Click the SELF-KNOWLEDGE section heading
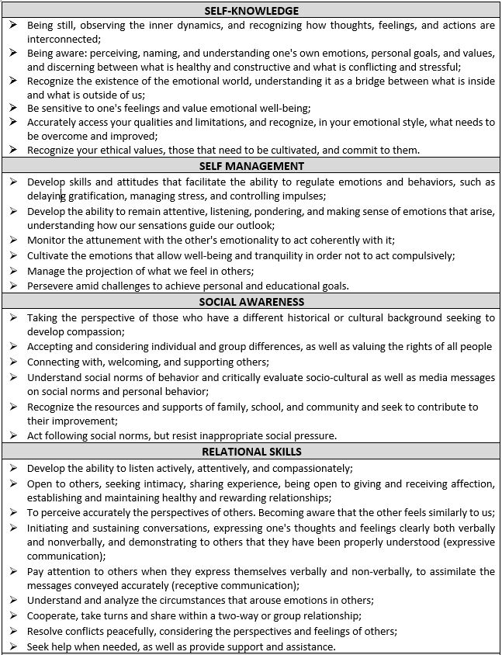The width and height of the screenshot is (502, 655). (251, 11)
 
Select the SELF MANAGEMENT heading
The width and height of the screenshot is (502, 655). (251, 166)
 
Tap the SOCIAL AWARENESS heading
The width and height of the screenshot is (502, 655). (251, 302)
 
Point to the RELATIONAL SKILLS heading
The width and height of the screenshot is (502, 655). (251, 451)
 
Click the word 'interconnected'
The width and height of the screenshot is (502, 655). (63, 38)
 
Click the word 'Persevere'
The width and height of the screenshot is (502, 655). (51, 286)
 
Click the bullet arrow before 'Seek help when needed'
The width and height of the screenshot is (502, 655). (13, 646)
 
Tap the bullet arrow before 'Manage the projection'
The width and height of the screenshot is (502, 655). (13, 271)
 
